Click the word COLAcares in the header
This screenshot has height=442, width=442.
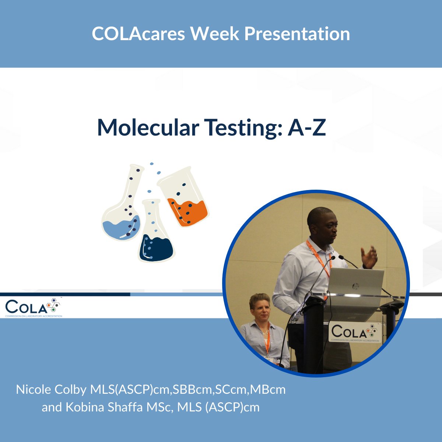point(138,34)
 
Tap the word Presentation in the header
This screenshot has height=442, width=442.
point(297,34)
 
